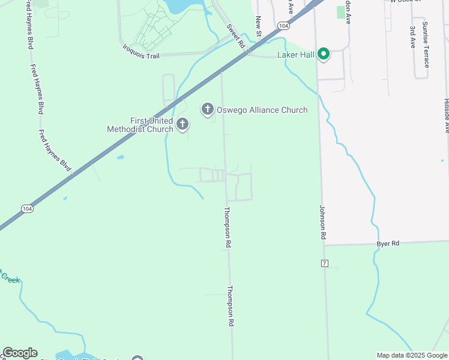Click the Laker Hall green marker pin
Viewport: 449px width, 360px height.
(x=324, y=55)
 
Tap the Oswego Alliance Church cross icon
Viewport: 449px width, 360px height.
(x=207, y=109)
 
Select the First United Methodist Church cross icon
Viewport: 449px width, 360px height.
(x=182, y=125)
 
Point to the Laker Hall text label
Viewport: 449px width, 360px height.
(x=296, y=55)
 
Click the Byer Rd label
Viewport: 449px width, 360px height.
(x=388, y=244)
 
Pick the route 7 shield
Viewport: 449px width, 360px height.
(x=325, y=263)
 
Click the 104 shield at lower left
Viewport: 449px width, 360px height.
(x=27, y=208)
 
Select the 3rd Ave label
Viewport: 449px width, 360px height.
(x=412, y=37)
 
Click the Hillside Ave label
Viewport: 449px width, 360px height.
(x=446, y=115)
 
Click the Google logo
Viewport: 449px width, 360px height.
(x=20, y=353)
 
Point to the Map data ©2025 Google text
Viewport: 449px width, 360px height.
(x=412, y=355)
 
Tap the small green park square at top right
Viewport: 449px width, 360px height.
(x=341, y=12)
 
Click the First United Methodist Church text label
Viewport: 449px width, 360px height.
(x=139, y=125)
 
